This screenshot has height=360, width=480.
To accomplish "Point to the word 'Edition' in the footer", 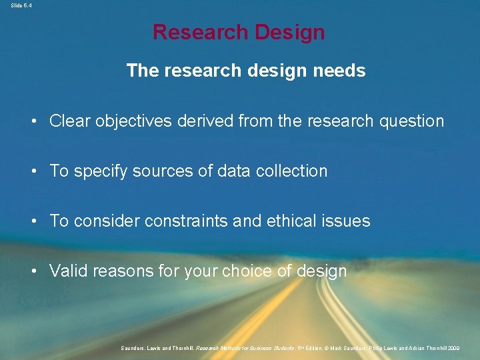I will click(x=312, y=348).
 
